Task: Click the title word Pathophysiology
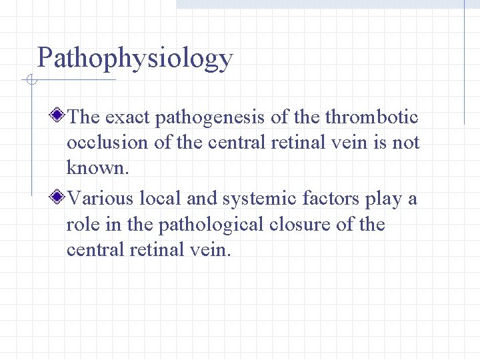[135, 59]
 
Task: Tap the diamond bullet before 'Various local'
[59, 197]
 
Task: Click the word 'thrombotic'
[371, 118]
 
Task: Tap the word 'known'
[95, 168]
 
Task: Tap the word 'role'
[81, 224]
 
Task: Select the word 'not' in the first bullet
[405, 143]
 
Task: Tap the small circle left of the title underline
[30, 81]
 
